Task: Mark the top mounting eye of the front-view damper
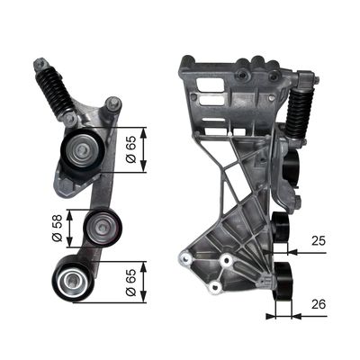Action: click(x=40, y=67)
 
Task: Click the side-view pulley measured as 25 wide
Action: click(x=280, y=229)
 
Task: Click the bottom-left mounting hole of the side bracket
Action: click(x=189, y=260)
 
